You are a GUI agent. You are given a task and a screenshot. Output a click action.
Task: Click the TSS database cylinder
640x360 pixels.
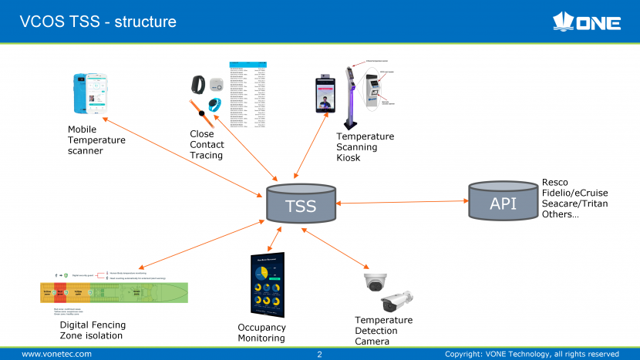point(300,205)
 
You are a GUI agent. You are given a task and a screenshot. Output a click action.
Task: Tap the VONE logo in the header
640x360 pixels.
point(588,22)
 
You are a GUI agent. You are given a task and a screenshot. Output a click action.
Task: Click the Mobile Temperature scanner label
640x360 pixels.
point(96,140)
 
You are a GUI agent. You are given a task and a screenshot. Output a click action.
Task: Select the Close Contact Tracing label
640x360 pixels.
point(207,145)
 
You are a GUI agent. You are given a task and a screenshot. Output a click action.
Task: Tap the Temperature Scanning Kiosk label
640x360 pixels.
point(365,147)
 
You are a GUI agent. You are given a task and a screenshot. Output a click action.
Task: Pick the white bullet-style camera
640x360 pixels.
point(398,301)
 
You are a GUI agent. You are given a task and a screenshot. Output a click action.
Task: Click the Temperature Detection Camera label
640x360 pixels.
point(383,331)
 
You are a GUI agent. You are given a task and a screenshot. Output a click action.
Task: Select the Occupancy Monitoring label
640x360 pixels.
point(261,333)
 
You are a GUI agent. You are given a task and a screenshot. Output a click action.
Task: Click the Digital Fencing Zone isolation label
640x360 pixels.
point(92,330)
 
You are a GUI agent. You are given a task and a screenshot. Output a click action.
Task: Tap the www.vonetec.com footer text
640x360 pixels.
point(56,354)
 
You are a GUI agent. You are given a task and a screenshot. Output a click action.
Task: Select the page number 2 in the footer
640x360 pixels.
point(319,355)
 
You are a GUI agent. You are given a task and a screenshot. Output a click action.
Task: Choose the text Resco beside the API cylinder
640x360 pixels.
point(555,183)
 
